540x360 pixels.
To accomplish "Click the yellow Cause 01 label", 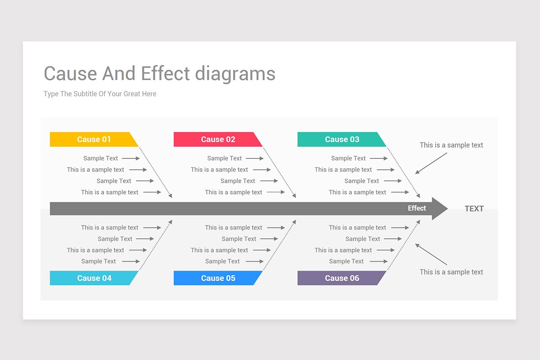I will point(94,139).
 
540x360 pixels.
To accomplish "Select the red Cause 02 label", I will point(218,139).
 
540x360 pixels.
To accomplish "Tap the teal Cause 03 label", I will point(342,139).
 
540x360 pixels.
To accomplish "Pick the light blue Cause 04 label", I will point(94,278).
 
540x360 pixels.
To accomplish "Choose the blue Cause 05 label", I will point(218,278).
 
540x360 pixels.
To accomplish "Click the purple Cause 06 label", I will point(342,278).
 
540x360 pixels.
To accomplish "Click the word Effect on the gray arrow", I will point(417,208).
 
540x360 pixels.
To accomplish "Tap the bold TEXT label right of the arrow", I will point(474,209).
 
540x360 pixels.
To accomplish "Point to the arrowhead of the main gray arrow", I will point(440,209).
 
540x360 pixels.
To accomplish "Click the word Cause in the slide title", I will point(71,74).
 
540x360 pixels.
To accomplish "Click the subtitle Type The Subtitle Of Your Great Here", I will point(100,94).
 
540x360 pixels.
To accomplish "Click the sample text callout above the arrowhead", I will point(451,145).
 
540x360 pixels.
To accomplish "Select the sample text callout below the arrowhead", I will point(451,272).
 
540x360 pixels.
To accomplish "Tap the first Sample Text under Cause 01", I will point(100,158).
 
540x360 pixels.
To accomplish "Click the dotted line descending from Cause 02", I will point(279,172).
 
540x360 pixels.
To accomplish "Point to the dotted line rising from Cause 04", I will point(155,245).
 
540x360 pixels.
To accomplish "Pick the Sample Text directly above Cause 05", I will point(222,261).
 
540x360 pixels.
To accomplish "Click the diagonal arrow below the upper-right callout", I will point(431,163).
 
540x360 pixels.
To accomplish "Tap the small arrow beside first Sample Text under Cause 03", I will point(378,158).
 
